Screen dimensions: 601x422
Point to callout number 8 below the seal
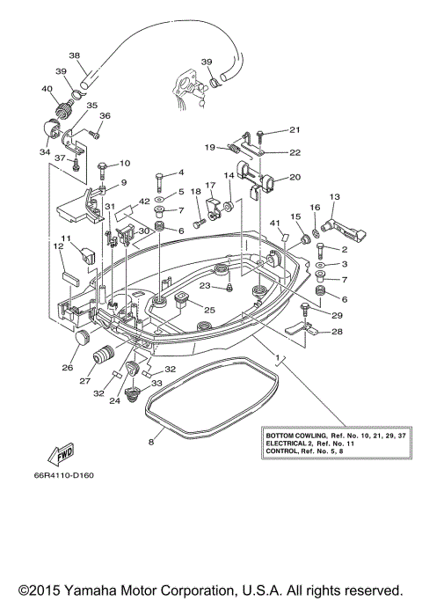coord(151,442)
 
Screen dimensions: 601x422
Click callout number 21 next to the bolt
coord(295,130)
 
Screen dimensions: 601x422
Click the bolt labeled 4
coord(159,182)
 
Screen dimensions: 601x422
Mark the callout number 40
coord(47,89)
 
